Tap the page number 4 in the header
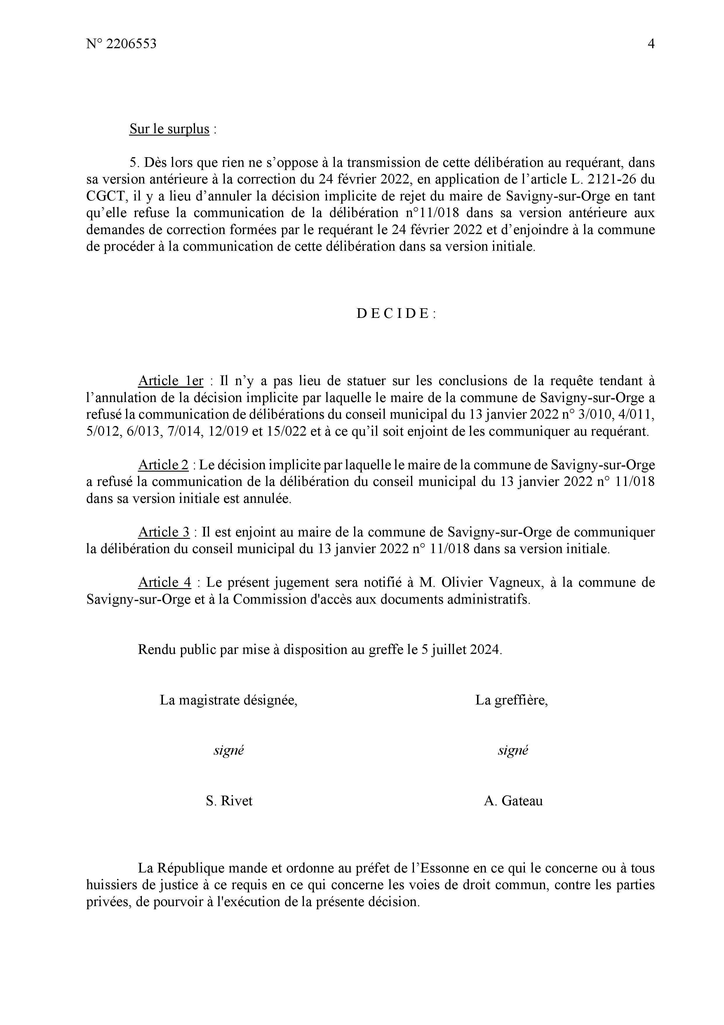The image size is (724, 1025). click(x=651, y=44)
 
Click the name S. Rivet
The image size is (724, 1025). click(x=229, y=801)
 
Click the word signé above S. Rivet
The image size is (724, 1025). click(x=228, y=750)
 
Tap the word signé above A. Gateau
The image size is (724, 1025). click(x=513, y=750)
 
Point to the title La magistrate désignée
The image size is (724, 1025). click(x=228, y=700)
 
